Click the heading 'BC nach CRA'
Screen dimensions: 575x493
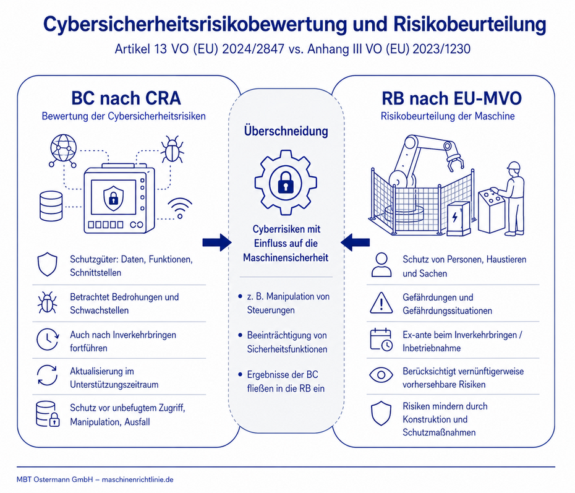pos(126,98)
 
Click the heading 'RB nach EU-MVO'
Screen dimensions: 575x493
pos(451,98)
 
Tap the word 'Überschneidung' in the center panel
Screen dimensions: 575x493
pos(286,131)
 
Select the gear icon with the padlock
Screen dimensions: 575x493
pos(286,182)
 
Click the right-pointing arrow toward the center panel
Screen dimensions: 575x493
pos(217,242)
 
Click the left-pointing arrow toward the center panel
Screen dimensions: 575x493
pos(355,242)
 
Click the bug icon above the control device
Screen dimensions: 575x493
pos(172,149)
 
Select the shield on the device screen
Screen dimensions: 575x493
pos(113,198)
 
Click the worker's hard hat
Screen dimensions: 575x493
pos(513,165)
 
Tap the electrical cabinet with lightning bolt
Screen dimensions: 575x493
pos(458,218)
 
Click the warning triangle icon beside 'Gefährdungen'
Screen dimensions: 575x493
pos(381,303)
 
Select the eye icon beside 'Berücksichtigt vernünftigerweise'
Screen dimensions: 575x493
pos(381,375)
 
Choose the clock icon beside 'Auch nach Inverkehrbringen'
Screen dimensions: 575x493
pos(48,340)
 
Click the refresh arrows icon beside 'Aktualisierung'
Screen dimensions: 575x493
pos(48,375)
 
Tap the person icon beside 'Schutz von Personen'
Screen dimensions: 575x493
pos(381,265)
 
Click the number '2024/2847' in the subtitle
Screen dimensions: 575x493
pos(253,49)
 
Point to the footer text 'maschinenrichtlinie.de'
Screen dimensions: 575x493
pos(137,479)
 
